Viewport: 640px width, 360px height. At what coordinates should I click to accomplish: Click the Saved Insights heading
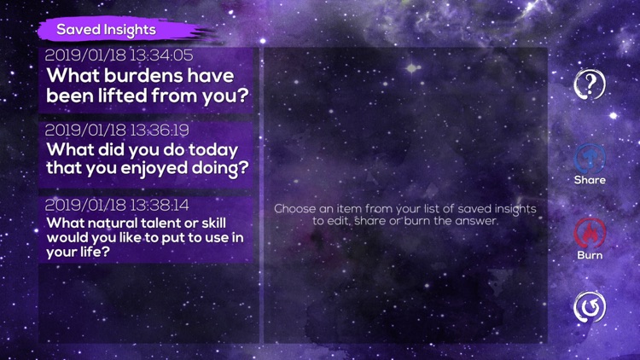106,30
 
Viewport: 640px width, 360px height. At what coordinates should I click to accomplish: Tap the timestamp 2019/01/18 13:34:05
119,55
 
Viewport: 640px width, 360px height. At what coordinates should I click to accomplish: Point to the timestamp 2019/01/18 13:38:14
116,206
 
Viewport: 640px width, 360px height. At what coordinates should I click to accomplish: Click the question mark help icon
590,84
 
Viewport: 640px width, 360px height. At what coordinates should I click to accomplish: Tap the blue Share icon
590,157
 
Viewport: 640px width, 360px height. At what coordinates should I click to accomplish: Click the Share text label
590,180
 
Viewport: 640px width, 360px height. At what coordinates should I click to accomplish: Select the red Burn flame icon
590,232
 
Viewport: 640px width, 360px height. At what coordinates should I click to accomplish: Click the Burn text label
590,255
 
